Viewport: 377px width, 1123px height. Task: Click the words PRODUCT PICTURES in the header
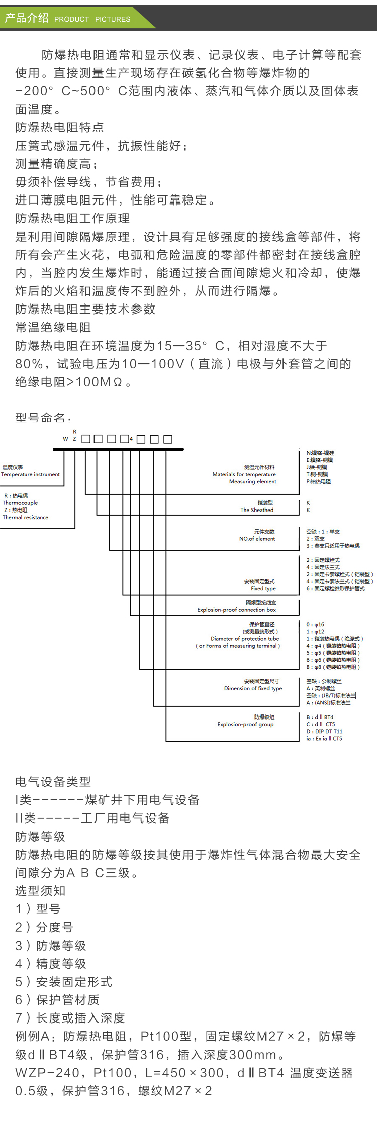tap(92, 19)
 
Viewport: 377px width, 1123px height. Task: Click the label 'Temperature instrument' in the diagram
tap(30, 474)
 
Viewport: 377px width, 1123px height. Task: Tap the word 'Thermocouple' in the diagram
tap(20, 503)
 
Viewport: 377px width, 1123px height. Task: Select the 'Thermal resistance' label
tap(26, 517)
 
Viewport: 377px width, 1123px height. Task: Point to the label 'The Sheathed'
tap(257, 510)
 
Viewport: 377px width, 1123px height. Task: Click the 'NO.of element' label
tap(257, 539)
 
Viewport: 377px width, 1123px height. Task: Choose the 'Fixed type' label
tap(263, 588)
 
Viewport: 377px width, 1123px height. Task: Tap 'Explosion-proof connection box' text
tap(236, 610)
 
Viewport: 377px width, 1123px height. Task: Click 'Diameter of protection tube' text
tap(245, 639)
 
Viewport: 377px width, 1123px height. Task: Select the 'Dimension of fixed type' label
tap(253, 688)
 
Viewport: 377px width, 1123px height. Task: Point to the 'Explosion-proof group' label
tap(245, 724)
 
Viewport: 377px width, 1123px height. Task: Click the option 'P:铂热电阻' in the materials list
tap(319, 481)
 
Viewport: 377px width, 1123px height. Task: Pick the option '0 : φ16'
tap(315, 625)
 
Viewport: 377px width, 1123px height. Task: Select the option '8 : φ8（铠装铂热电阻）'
tap(333, 667)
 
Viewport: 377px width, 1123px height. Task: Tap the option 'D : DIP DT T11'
tap(324, 732)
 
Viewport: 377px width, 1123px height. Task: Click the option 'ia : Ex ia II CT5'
tap(324, 739)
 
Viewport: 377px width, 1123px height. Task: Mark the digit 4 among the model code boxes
tap(131, 439)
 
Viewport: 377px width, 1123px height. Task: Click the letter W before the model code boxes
tap(65, 439)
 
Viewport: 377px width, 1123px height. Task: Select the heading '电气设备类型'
tap(53, 782)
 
